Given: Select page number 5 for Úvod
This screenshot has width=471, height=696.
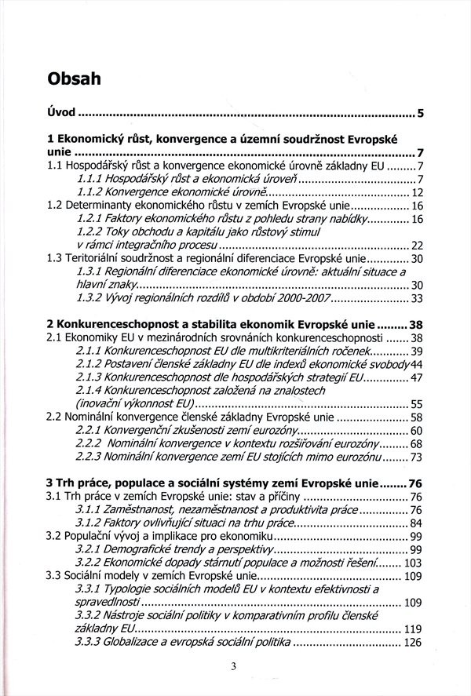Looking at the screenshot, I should coord(421,115).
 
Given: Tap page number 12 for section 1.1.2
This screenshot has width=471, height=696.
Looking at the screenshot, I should coord(417,191).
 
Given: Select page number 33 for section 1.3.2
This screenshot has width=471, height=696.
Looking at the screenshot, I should coord(417,298).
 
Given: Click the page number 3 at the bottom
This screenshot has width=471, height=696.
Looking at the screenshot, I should coord(235,668).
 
